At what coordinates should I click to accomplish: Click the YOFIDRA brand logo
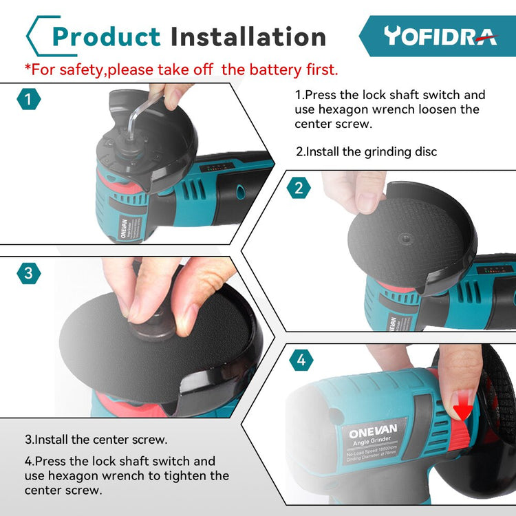[440, 36]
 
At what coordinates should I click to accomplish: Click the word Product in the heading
[106, 37]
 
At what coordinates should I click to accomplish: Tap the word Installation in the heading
[248, 36]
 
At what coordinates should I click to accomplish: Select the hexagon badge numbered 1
[29, 99]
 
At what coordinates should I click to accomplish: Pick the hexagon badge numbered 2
[299, 188]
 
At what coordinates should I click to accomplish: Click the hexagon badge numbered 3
[29, 273]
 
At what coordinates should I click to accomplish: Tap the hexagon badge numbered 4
[301, 360]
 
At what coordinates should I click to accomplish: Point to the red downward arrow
[463, 408]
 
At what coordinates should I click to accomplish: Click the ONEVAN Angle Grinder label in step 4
[373, 440]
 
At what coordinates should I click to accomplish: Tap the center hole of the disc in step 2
[406, 238]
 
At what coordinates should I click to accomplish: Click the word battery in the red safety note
[275, 69]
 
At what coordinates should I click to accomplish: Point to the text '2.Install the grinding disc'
[366, 152]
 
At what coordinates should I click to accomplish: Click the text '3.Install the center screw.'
[96, 440]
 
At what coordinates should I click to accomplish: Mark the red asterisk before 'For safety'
[28, 67]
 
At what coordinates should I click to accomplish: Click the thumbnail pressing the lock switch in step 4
[462, 400]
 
